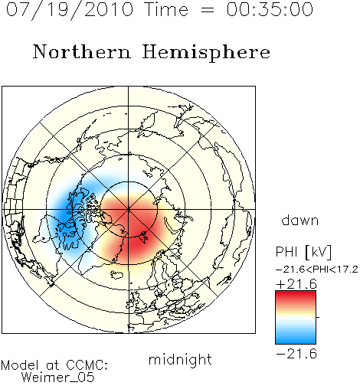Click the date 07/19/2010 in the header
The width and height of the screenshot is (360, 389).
(x=70, y=10)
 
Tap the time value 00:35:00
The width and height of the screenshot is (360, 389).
(x=270, y=9)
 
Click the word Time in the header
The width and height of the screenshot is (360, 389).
(x=166, y=9)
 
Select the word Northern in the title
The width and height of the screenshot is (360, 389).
(x=82, y=51)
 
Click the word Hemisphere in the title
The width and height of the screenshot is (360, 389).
(x=206, y=53)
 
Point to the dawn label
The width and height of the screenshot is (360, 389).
(x=300, y=221)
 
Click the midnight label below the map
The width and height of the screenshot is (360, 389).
(x=180, y=360)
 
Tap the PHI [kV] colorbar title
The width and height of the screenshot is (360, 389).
(x=303, y=252)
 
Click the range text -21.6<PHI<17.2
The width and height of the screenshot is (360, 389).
(x=317, y=270)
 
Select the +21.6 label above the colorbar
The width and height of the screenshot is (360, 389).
(x=296, y=284)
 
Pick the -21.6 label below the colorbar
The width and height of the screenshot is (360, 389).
(x=296, y=354)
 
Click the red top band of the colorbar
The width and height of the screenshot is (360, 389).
(x=296, y=294)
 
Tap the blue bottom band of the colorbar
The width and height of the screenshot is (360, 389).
(x=296, y=341)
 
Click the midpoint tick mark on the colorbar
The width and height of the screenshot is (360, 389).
(x=318, y=317)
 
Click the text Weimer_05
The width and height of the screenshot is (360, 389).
(x=58, y=377)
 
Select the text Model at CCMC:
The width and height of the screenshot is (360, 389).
(x=54, y=365)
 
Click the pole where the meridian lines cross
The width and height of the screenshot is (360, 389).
(x=129, y=210)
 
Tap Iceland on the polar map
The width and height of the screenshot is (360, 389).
(x=116, y=275)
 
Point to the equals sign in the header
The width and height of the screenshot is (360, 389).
(x=208, y=10)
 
